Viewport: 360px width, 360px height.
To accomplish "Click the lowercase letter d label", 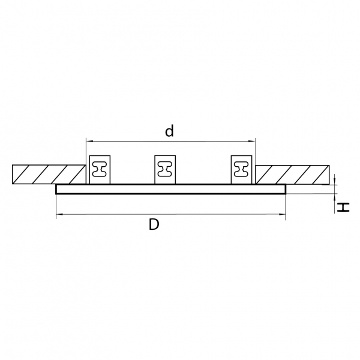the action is coord(169,131).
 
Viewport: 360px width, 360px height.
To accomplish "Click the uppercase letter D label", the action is coord(154,224).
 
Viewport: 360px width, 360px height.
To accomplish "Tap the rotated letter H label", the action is coord(343,208).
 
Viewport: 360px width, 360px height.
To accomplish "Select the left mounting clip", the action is coord(100,170).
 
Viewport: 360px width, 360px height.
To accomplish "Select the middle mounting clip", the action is coord(165,170).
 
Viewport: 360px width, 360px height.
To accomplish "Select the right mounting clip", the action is coord(241,170).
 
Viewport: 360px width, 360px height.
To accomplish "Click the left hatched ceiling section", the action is coord(49,175).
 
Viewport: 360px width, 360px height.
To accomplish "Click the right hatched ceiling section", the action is coord(293,175).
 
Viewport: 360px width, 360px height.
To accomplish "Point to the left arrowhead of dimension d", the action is coord(89,141).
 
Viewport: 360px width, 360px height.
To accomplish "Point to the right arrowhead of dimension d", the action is coord(253,141).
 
